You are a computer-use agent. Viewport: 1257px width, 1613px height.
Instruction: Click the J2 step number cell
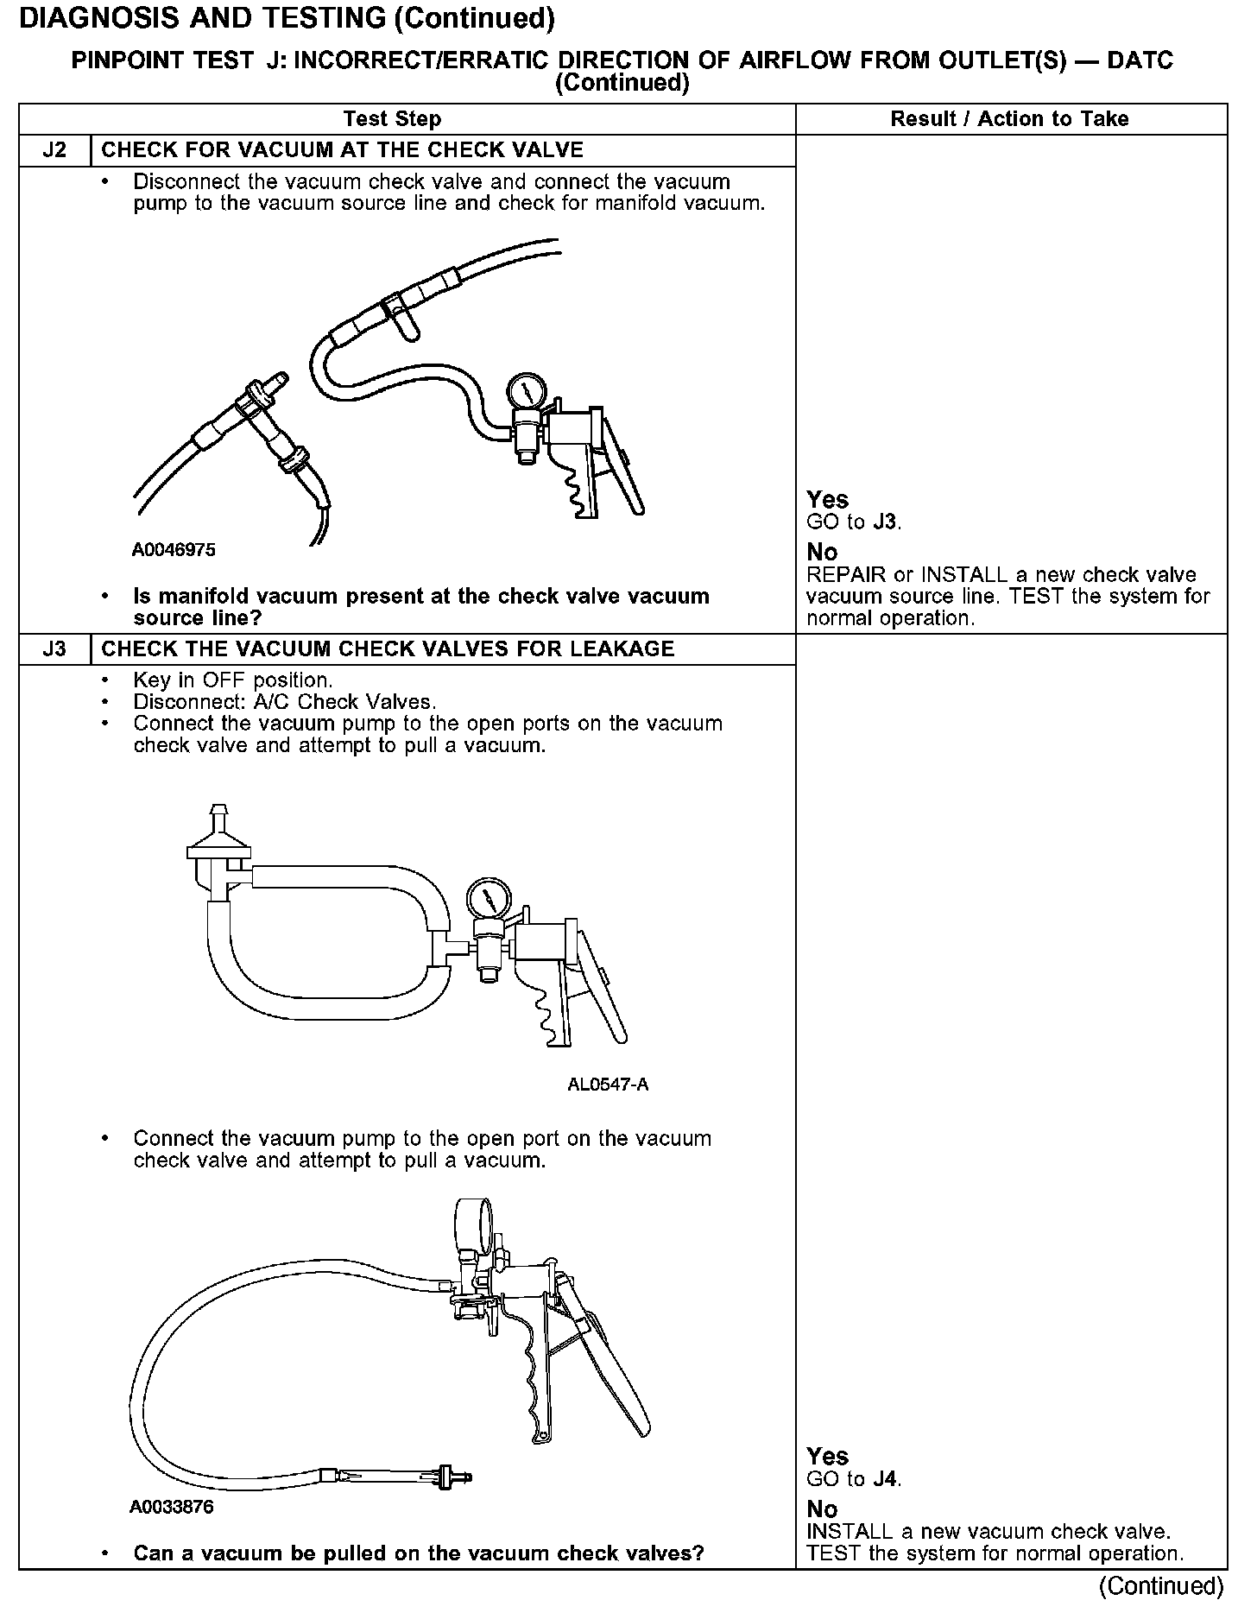pyautogui.click(x=54, y=150)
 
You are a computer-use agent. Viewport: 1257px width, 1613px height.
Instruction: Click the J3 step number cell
pyautogui.click(x=54, y=649)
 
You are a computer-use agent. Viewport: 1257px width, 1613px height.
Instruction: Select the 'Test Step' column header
pyautogui.click(x=392, y=119)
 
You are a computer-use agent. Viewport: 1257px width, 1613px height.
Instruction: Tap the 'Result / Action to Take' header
pyautogui.click(x=1009, y=119)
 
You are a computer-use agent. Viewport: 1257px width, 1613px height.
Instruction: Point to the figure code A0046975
pyautogui.click(x=174, y=550)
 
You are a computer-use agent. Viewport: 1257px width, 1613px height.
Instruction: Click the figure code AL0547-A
pyautogui.click(x=608, y=1085)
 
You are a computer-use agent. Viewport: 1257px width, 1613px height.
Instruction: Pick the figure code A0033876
pyautogui.click(x=172, y=1508)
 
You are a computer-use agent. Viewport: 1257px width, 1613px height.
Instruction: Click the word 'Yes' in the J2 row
pyautogui.click(x=827, y=500)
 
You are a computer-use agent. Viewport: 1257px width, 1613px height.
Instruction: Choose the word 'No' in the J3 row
pyautogui.click(x=822, y=1509)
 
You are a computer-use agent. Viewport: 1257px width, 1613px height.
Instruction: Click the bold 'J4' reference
pyautogui.click(x=886, y=1479)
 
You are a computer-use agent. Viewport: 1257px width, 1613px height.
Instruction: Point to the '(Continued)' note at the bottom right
pyautogui.click(x=1160, y=1585)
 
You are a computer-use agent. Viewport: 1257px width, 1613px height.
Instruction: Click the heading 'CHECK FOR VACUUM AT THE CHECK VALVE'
pyautogui.click(x=343, y=150)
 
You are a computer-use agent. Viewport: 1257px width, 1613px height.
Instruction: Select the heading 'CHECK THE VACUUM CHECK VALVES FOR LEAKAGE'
pyautogui.click(x=388, y=649)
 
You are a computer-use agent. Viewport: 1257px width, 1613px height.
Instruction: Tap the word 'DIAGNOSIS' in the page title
pyautogui.click(x=94, y=19)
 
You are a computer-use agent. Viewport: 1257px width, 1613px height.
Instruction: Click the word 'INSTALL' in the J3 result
pyautogui.click(x=850, y=1532)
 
